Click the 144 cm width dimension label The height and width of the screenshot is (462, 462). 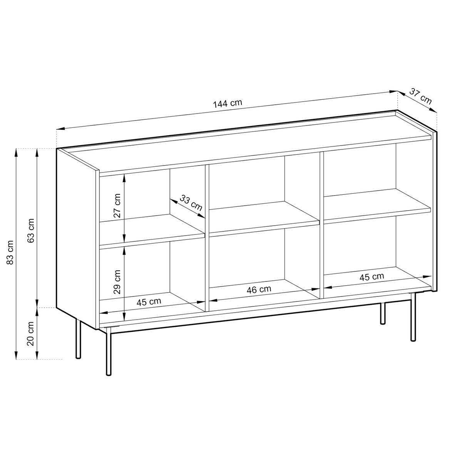[x=227, y=104]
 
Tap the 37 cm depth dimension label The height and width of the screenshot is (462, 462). [x=420, y=96]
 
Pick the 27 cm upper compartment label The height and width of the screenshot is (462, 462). [x=117, y=206]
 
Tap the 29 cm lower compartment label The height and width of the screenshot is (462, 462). [x=117, y=282]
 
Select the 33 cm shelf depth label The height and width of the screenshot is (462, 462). [x=191, y=203]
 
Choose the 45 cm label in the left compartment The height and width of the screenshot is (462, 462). [x=149, y=302]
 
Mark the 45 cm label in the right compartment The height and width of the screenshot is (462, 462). [x=372, y=276]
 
